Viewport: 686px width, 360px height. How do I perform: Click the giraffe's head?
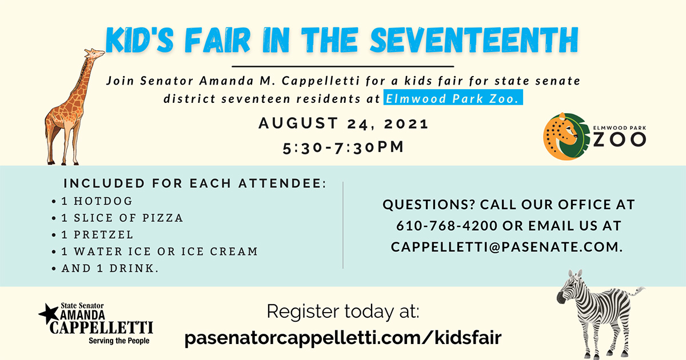pyautogui.click(x=95, y=54)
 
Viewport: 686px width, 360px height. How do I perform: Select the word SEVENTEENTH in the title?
pyautogui.click(x=474, y=40)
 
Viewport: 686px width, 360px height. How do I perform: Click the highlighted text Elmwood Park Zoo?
pyautogui.click(x=453, y=98)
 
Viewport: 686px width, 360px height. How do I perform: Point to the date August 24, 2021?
pyautogui.click(x=344, y=123)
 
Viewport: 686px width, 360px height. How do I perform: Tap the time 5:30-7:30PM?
pyautogui.click(x=344, y=147)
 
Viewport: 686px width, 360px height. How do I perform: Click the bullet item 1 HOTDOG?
pyautogui.click(x=97, y=201)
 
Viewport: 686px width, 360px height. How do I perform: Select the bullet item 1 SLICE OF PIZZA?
pyautogui.click(x=122, y=218)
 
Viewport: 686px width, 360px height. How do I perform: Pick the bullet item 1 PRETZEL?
pyautogui.click(x=97, y=235)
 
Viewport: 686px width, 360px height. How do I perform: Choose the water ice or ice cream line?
pyautogui.click(x=159, y=251)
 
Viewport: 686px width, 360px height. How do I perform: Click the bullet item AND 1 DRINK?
pyautogui.click(x=110, y=268)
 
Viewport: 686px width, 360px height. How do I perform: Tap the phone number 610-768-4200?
pyautogui.click(x=447, y=226)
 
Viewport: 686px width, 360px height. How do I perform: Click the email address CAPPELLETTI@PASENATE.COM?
pyautogui.click(x=507, y=247)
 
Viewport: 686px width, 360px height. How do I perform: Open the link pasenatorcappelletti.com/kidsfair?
pyautogui.click(x=343, y=338)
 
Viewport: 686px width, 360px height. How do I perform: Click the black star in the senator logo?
pyautogui.click(x=49, y=314)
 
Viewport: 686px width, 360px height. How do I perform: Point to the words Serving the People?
pyautogui.click(x=119, y=341)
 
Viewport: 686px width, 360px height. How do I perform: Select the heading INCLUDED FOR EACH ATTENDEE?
pyautogui.click(x=195, y=183)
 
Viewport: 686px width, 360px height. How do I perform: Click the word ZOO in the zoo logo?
pyautogui.click(x=620, y=140)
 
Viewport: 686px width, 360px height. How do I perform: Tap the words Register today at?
pyautogui.click(x=343, y=311)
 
